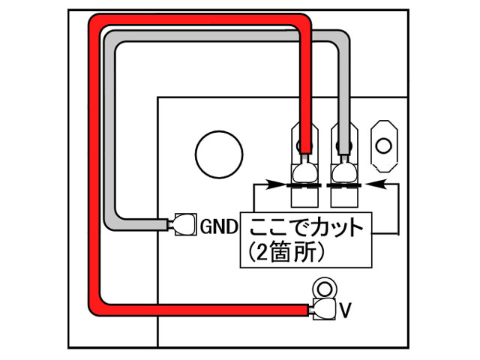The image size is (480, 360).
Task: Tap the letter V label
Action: point(346,308)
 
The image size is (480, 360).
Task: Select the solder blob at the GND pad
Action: point(183,224)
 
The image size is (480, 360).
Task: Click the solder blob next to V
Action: point(325,308)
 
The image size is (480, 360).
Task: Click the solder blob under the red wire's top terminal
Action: point(304,172)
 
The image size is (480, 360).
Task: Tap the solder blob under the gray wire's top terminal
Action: point(344,172)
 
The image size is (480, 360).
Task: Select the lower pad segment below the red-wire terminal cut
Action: point(304,197)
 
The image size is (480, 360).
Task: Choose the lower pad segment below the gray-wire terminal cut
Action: point(344,197)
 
